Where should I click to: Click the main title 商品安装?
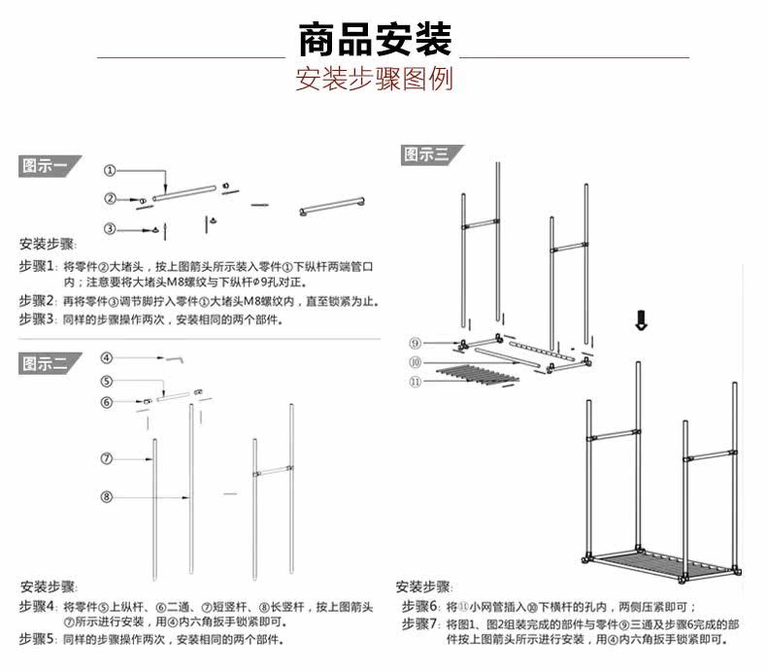click(x=375, y=40)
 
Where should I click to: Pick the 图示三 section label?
click(x=427, y=154)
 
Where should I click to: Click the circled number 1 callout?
click(x=110, y=171)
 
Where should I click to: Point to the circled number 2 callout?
click(x=110, y=199)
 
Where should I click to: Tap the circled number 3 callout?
click(x=110, y=228)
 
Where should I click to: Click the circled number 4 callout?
click(x=107, y=356)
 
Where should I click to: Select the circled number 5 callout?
click(x=107, y=381)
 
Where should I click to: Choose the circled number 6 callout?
click(x=107, y=402)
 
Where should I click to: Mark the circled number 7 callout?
click(x=107, y=457)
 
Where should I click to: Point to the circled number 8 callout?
click(x=107, y=497)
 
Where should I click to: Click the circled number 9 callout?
click(x=415, y=343)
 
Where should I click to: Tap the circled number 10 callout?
click(x=415, y=362)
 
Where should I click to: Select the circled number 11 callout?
click(x=415, y=382)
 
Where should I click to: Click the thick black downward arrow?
click(x=640, y=320)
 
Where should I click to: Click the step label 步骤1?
click(x=37, y=266)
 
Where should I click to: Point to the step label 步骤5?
click(x=37, y=639)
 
